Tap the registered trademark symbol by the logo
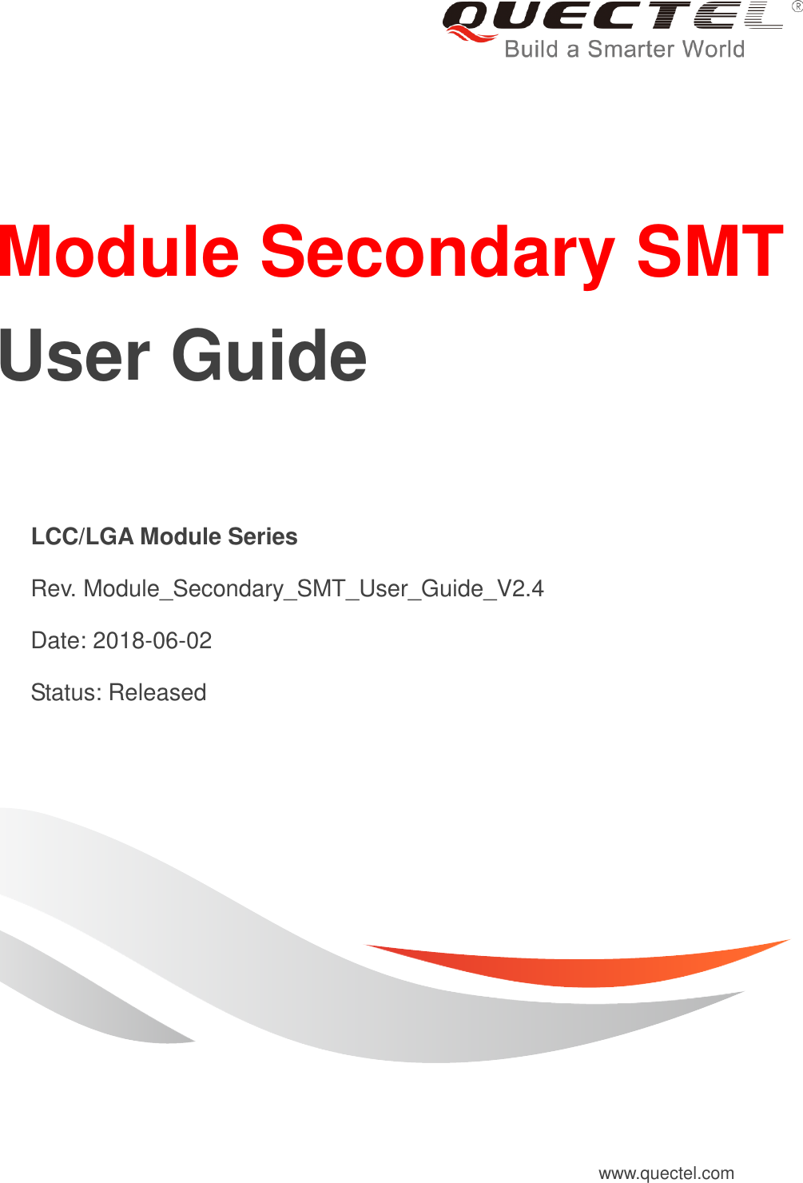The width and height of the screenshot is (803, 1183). tap(797, 6)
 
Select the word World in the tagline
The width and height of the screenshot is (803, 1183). tap(714, 50)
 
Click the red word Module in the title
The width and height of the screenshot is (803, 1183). tap(120, 252)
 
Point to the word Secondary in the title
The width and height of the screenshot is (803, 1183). tap(437, 253)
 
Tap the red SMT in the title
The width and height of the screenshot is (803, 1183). tap(710, 252)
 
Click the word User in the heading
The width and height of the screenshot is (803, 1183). tap(74, 356)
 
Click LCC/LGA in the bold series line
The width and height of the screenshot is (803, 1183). tap(82, 536)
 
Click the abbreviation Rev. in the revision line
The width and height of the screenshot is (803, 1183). tap(54, 588)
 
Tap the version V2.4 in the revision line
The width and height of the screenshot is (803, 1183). tap(519, 588)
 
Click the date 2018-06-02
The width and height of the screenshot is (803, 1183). tap(153, 640)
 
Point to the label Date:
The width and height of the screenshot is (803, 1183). tap(59, 640)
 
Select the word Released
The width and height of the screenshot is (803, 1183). tap(157, 692)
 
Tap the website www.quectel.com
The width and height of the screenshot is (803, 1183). tap(666, 1173)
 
